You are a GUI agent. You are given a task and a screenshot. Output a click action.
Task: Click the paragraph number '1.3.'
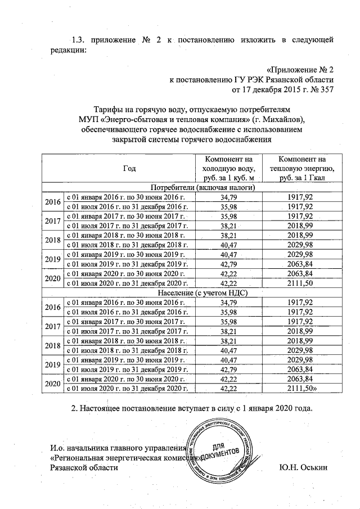[x=79, y=40]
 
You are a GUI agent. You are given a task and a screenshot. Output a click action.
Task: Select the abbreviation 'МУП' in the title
[x=89, y=120]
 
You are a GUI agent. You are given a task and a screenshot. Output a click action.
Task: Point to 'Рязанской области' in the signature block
[x=84, y=468]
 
